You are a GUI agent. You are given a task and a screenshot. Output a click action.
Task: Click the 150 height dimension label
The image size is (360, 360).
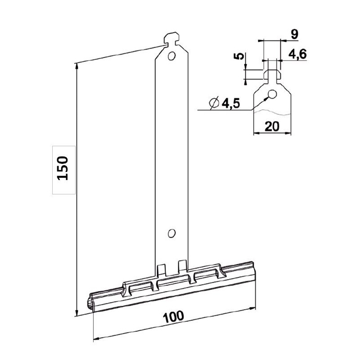63,169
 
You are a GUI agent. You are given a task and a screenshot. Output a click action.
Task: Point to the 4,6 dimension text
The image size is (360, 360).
297,54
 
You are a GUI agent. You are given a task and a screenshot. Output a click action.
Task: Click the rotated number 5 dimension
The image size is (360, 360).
240,57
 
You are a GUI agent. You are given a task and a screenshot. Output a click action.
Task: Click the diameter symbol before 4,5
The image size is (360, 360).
213,103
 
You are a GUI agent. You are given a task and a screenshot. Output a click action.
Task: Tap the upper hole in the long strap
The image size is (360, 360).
171,56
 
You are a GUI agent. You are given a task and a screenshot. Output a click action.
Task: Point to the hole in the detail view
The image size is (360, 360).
272,94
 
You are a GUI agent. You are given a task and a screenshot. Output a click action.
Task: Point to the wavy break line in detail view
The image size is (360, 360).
272,110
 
